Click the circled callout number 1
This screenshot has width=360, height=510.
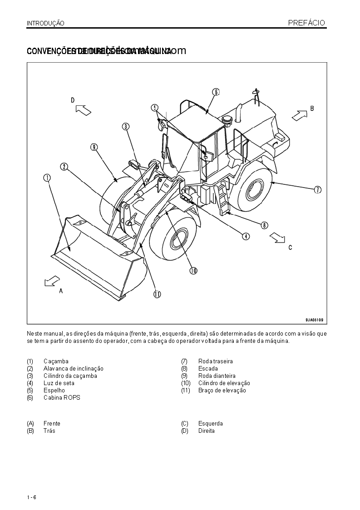tap(47, 178)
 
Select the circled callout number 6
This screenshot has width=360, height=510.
tap(216, 92)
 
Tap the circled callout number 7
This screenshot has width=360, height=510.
tap(318, 190)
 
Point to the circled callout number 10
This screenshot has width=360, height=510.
tap(193, 270)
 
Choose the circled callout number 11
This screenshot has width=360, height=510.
tap(157, 294)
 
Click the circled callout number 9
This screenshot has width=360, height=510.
tap(94, 147)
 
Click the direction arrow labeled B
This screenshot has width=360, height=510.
tap(299, 115)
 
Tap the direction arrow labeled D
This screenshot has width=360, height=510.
tap(83, 109)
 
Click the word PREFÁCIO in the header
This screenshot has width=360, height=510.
tap(306, 23)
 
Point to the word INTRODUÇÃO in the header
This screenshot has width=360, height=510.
tap(45, 23)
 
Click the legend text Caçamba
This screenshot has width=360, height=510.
tap(56, 361)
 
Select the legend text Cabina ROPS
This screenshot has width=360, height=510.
tap(62, 397)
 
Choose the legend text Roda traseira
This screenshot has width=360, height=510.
tap(215, 361)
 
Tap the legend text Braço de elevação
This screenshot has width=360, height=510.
tap(222, 390)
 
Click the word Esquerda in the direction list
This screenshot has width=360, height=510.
tap(210, 423)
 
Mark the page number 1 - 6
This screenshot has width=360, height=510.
tap(31, 497)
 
